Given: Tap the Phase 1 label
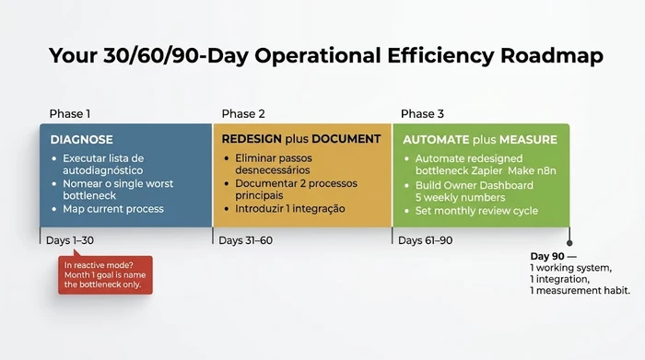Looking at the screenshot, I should click(x=70, y=114).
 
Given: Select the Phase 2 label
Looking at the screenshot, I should click(x=243, y=114).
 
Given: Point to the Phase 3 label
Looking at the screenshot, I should click(x=422, y=114).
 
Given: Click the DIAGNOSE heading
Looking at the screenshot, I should click(x=82, y=140).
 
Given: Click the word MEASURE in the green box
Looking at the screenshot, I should click(x=528, y=140).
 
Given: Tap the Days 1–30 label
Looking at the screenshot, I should click(x=69, y=241).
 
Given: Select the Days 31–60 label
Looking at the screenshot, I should click(x=244, y=241).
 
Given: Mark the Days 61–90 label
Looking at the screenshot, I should click(x=425, y=241).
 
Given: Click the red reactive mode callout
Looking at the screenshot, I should click(x=105, y=275).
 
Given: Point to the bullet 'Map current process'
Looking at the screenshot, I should click(x=112, y=209).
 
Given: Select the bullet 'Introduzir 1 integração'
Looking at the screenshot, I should click(x=283, y=208).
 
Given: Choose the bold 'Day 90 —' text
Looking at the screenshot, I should click(x=552, y=255).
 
